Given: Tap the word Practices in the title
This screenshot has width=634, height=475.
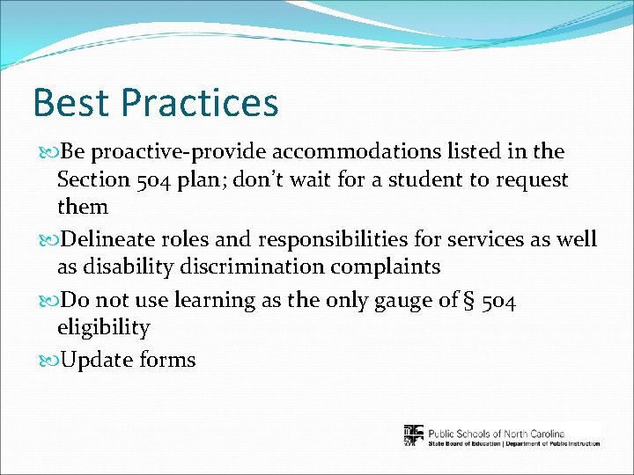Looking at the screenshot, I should click(x=199, y=103).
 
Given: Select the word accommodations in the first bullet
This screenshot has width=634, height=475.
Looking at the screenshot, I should click(x=341, y=152).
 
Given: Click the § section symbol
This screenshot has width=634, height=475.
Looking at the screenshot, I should click(x=466, y=301).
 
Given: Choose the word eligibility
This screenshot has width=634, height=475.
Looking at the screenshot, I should click(x=103, y=329).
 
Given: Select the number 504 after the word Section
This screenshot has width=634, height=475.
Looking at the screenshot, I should click(x=160, y=180).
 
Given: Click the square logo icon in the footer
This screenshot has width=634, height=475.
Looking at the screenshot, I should click(x=413, y=435).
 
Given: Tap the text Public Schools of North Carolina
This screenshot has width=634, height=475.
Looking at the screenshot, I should click(x=496, y=432).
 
